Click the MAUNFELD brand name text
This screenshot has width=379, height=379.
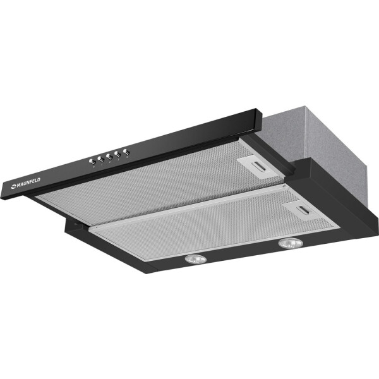tap(28, 182)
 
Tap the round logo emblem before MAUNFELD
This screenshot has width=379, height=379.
tap(13, 186)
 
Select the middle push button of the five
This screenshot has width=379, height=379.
tap(109, 157)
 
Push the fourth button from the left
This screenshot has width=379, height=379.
tap(118, 154)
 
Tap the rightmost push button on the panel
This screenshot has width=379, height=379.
tap(126, 152)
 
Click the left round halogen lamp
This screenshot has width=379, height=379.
tap(196, 259)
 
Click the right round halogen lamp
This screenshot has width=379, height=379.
tap(291, 243)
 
